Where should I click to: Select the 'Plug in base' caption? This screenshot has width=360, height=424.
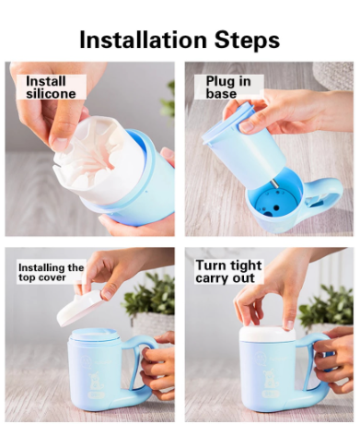[x=222, y=87]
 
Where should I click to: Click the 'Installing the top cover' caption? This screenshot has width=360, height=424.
[x=51, y=274]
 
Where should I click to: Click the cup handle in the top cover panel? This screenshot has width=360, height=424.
[x=141, y=359]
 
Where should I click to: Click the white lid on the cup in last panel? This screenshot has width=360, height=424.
[x=267, y=335]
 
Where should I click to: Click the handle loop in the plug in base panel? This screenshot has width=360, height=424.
[x=325, y=192]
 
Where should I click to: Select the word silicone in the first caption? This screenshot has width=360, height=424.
[x=52, y=93]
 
